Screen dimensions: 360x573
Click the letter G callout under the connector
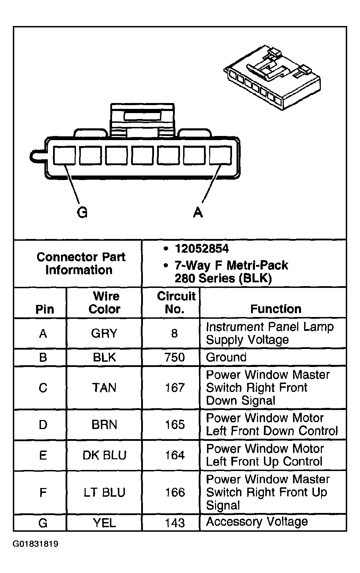(x=82, y=212)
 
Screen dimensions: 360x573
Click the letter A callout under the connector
(x=198, y=212)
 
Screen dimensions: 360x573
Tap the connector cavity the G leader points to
(x=65, y=155)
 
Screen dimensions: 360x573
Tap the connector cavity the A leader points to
(x=221, y=155)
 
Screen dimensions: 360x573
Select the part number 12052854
(x=202, y=249)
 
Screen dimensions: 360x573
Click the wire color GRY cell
(x=104, y=333)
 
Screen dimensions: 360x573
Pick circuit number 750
(x=174, y=357)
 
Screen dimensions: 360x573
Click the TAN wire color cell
(x=104, y=387)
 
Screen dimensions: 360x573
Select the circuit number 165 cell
(x=174, y=425)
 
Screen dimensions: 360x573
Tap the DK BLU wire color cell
(x=104, y=455)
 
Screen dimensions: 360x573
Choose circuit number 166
(x=174, y=492)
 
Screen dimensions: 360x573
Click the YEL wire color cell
(x=104, y=522)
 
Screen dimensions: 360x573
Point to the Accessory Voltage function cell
(x=257, y=522)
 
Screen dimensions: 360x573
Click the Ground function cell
(x=226, y=357)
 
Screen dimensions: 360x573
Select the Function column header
(x=276, y=309)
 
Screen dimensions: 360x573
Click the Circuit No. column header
(x=176, y=302)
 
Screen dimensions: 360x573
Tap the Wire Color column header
(x=105, y=302)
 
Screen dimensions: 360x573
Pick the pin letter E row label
(x=43, y=455)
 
